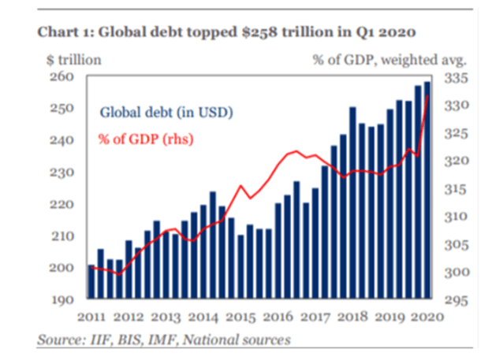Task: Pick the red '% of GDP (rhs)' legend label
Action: [x=146, y=139]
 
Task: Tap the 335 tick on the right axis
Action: [x=456, y=78]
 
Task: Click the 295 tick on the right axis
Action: [x=456, y=300]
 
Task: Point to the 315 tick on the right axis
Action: [x=456, y=189]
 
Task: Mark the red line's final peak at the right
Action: [x=428, y=96]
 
